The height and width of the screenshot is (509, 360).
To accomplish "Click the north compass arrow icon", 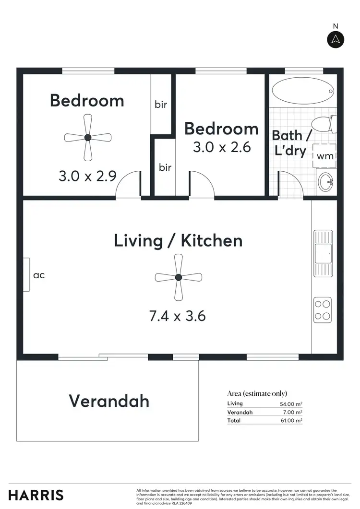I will coord(336,39).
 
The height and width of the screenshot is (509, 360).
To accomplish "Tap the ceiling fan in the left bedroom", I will coord(87,138).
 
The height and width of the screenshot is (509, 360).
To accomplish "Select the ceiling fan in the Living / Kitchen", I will coord(179,277).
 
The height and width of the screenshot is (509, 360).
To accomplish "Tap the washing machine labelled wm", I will coord(325,155).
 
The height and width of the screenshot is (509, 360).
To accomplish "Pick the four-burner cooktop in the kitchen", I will coord(323,309).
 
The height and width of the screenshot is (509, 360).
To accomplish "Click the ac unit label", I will coord(39,275).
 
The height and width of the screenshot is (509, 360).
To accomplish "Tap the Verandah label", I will coord(109,401).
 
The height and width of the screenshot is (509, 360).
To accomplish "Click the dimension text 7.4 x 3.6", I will coord(178,316).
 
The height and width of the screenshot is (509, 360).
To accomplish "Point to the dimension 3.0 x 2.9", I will coord(87,176).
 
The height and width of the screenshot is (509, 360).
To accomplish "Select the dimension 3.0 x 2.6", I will coord(222,147).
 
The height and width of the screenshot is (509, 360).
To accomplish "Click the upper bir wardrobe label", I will coord(161,104).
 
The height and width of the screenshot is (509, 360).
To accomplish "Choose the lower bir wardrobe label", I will coord(165,167).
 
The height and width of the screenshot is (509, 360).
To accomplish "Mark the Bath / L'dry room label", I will coord(289,142).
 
